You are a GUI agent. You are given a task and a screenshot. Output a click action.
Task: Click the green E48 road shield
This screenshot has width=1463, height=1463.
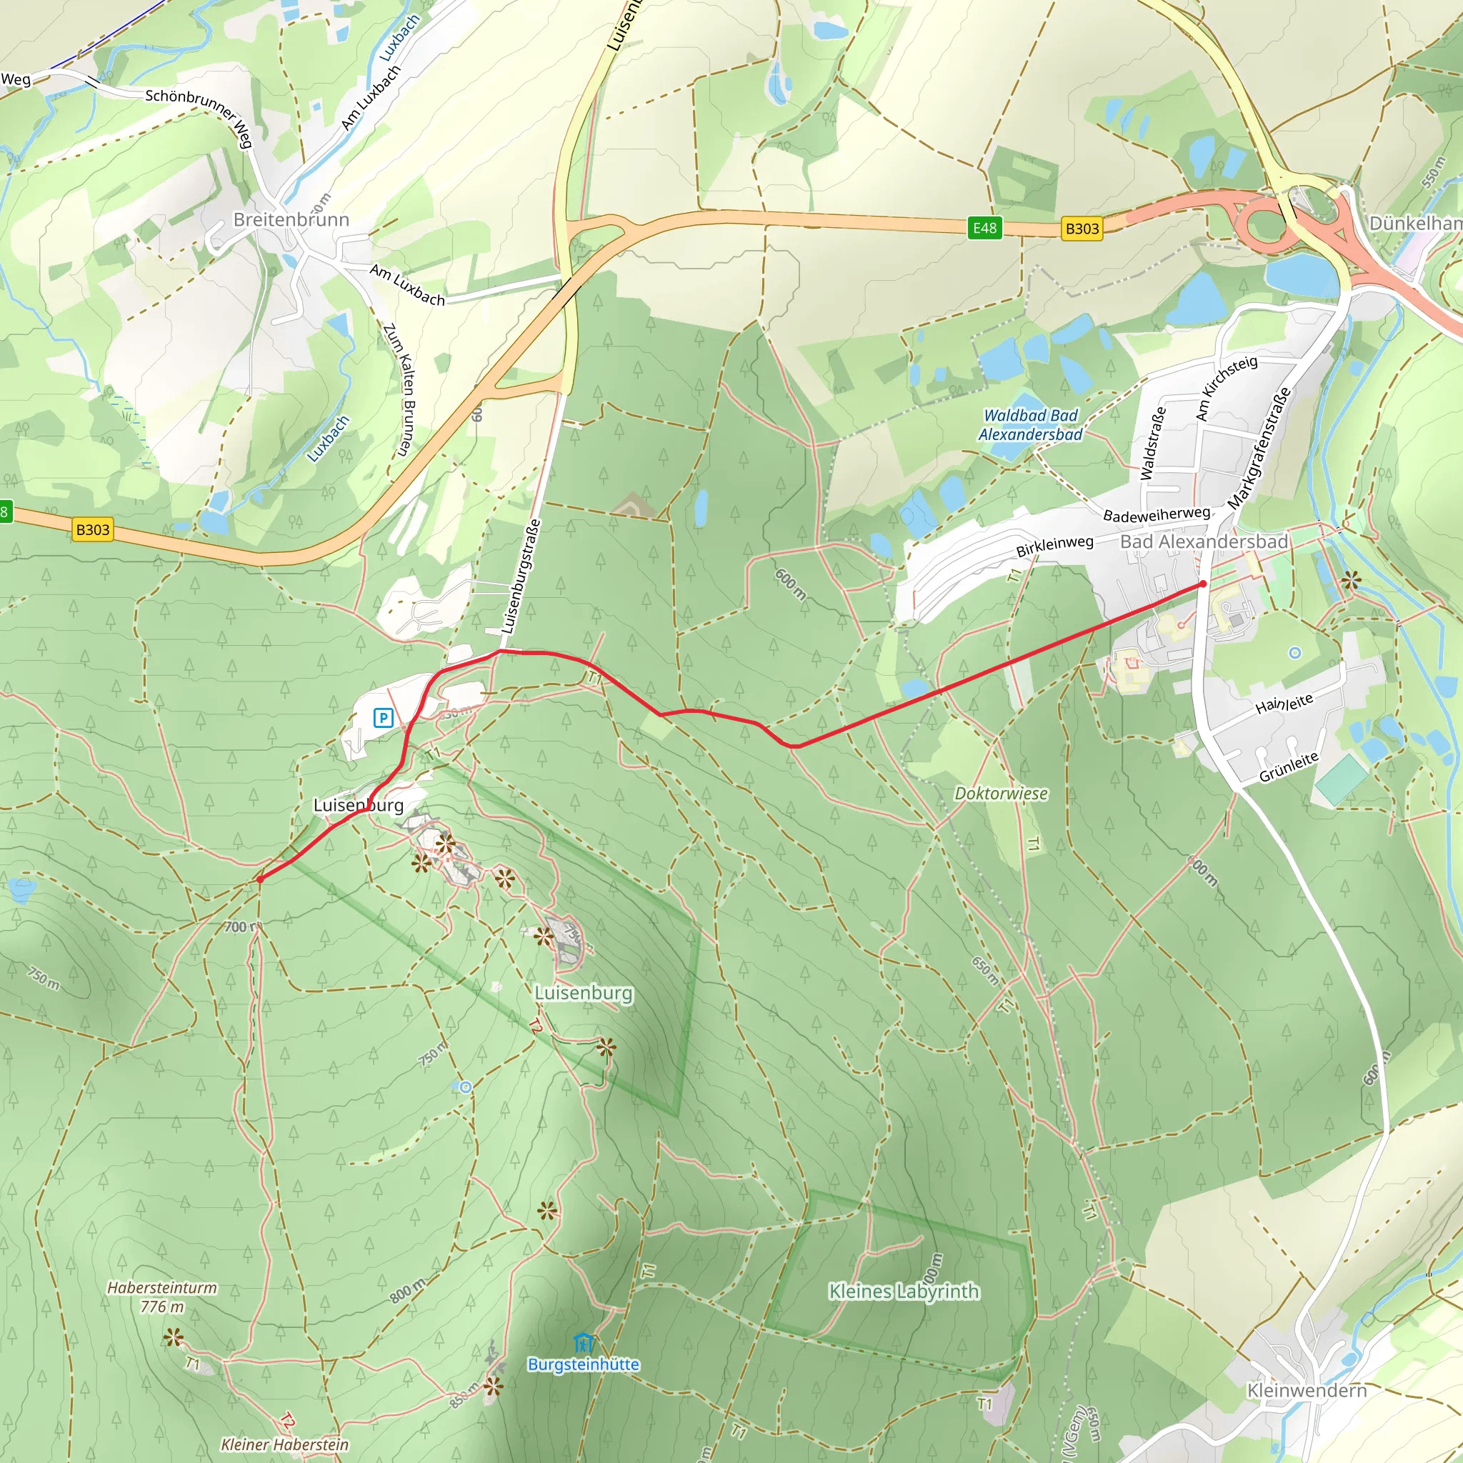tap(984, 228)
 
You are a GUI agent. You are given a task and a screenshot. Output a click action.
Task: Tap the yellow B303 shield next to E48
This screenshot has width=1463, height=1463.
tap(1082, 229)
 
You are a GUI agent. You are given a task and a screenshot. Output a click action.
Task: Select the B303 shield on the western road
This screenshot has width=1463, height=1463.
tap(93, 529)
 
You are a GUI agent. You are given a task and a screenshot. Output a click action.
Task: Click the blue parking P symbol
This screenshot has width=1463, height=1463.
tap(384, 717)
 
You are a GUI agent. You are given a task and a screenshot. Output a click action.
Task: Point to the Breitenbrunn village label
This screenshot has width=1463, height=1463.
tap(291, 219)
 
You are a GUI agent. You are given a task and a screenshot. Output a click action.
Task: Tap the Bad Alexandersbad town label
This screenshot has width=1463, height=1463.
tap(1203, 541)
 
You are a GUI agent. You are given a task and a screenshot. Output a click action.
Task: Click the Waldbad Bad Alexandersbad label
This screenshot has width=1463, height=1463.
tap(1030, 425)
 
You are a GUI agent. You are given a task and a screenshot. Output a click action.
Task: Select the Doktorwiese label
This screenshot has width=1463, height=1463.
tap(1001, 794)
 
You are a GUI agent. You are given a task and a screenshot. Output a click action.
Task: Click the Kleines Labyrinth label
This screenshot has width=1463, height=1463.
tap(904, 1291)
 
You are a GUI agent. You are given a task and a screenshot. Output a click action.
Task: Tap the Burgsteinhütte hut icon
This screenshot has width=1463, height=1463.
tap(583, 1342)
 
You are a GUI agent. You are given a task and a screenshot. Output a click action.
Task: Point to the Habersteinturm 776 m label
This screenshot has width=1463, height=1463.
tap(161, 1297)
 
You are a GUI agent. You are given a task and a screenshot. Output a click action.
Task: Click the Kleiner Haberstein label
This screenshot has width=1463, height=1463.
tap(285, 1444)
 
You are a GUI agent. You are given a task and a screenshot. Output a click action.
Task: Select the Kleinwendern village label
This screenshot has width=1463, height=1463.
tap(1307, 1390)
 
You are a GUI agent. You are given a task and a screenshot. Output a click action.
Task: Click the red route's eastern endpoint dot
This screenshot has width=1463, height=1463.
tap(1202, 584)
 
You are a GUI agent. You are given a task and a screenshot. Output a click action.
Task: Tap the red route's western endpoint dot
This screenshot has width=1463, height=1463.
tap(260, 879)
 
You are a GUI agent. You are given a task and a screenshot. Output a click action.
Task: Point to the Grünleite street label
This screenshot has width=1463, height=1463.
tap(1288, 767)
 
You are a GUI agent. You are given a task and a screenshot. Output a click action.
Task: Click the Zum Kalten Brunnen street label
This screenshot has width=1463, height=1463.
tap(400, 389)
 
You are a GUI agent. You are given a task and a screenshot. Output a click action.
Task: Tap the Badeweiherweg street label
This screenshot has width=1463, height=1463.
tap(1157, 514)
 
